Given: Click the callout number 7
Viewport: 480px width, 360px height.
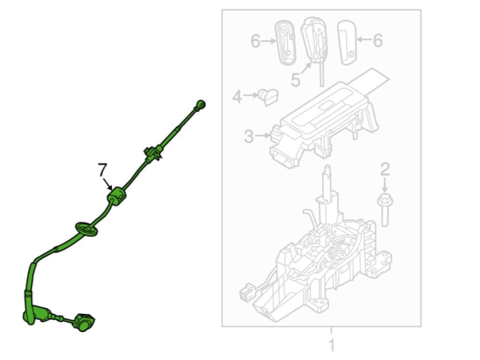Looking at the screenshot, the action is tap(102, 170).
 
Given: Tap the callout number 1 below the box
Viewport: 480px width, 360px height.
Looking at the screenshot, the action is tap(332, 345).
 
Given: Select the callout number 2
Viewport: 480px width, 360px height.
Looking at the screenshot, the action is tap(385, 169).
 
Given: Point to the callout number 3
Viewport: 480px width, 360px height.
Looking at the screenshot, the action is tap(249, 136).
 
